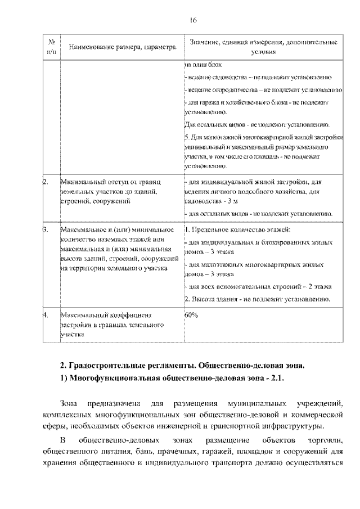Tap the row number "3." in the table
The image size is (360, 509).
pos(46,230)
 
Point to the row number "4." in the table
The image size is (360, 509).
pos(46,314)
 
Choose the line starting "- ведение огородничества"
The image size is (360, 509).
pos(262,90)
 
